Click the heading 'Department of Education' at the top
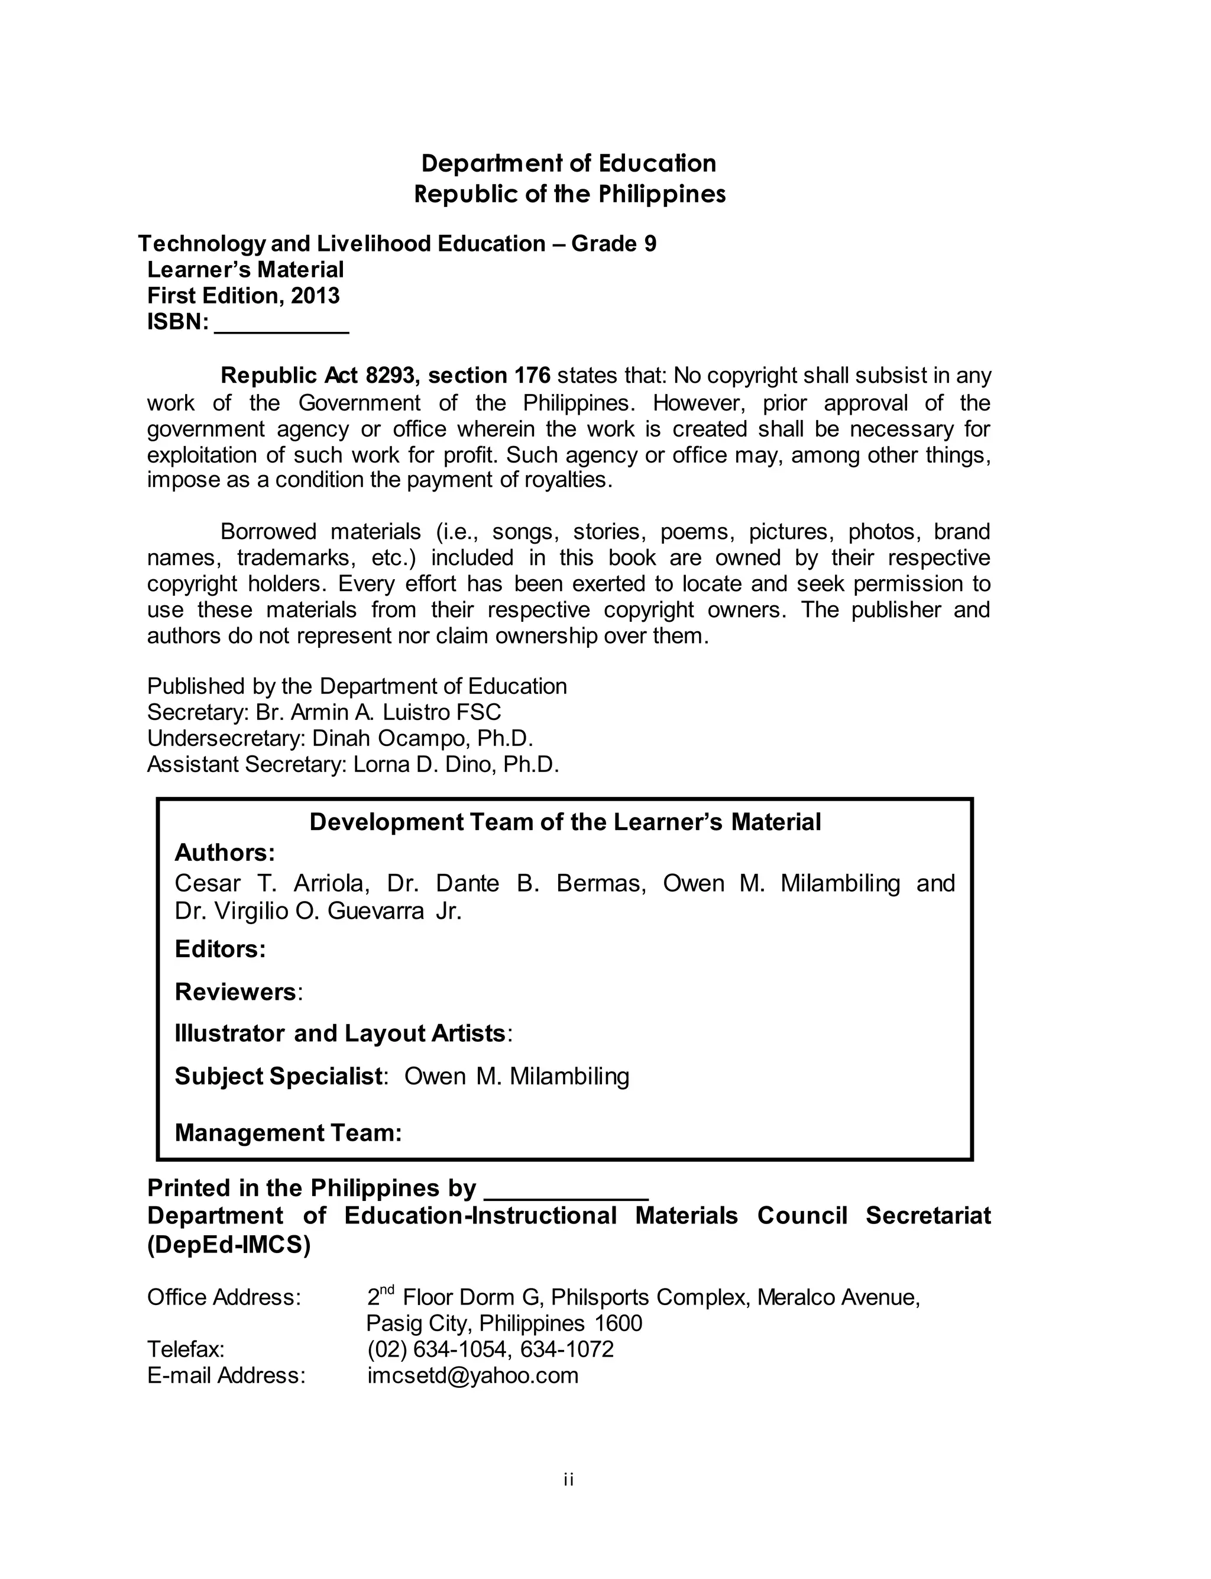(569, 164)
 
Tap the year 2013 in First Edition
(315, 296)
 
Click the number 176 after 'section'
(532, 376)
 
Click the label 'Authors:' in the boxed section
(225, 853)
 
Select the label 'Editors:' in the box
(221, 949)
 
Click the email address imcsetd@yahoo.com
(473, 1375)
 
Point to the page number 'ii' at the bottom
(569, 1480)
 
